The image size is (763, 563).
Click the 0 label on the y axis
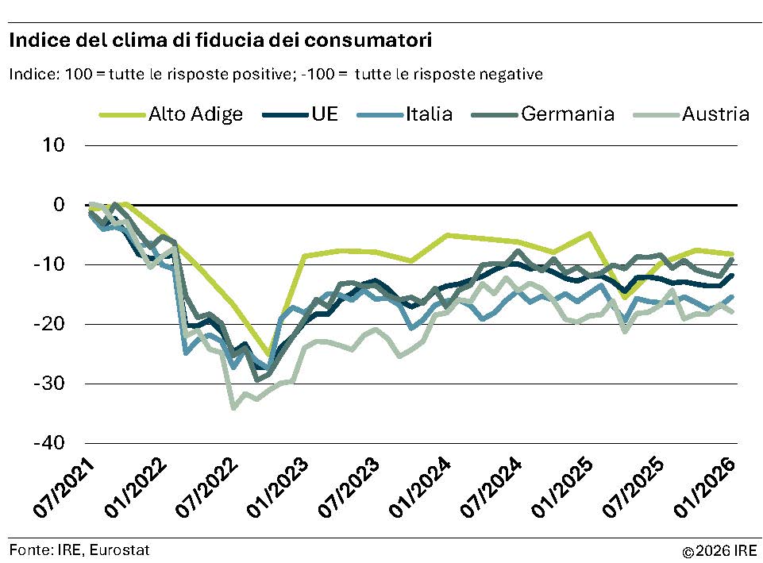click(59, 205)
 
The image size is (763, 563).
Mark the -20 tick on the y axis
click(49, 324)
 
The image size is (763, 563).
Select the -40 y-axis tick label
click(49, 442)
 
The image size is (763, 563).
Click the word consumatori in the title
click(369, 39)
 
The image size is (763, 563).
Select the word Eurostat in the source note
click(121, 550)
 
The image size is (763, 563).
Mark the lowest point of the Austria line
click(233, 408)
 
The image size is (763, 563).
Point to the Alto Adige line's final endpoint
click(731, 254)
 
